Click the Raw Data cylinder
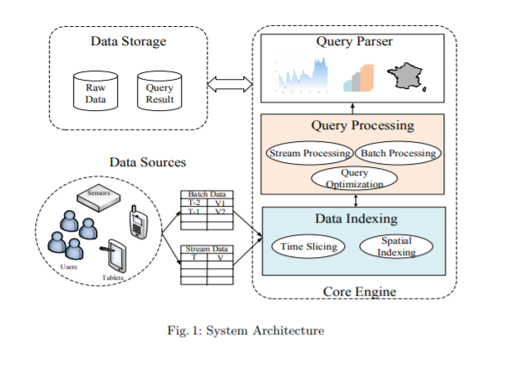point(95,91)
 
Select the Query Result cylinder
point(159,91)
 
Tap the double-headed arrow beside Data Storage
point(230,84)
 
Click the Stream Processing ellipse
point(310,153)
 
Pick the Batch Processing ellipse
point(398,153)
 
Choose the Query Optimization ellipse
point(354,178)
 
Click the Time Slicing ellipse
point(308,246)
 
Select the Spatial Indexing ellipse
point(396,246)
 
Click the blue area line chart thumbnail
point(302,74)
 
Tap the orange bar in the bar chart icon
point(367,78)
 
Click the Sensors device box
point(98,197)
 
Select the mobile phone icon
point(138,222)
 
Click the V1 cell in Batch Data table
point(220,202)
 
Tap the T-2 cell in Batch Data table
point(194,202)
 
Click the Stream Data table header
point(207,249)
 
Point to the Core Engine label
point(359,292)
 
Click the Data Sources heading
point(148,162)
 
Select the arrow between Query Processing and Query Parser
point(353,108)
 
